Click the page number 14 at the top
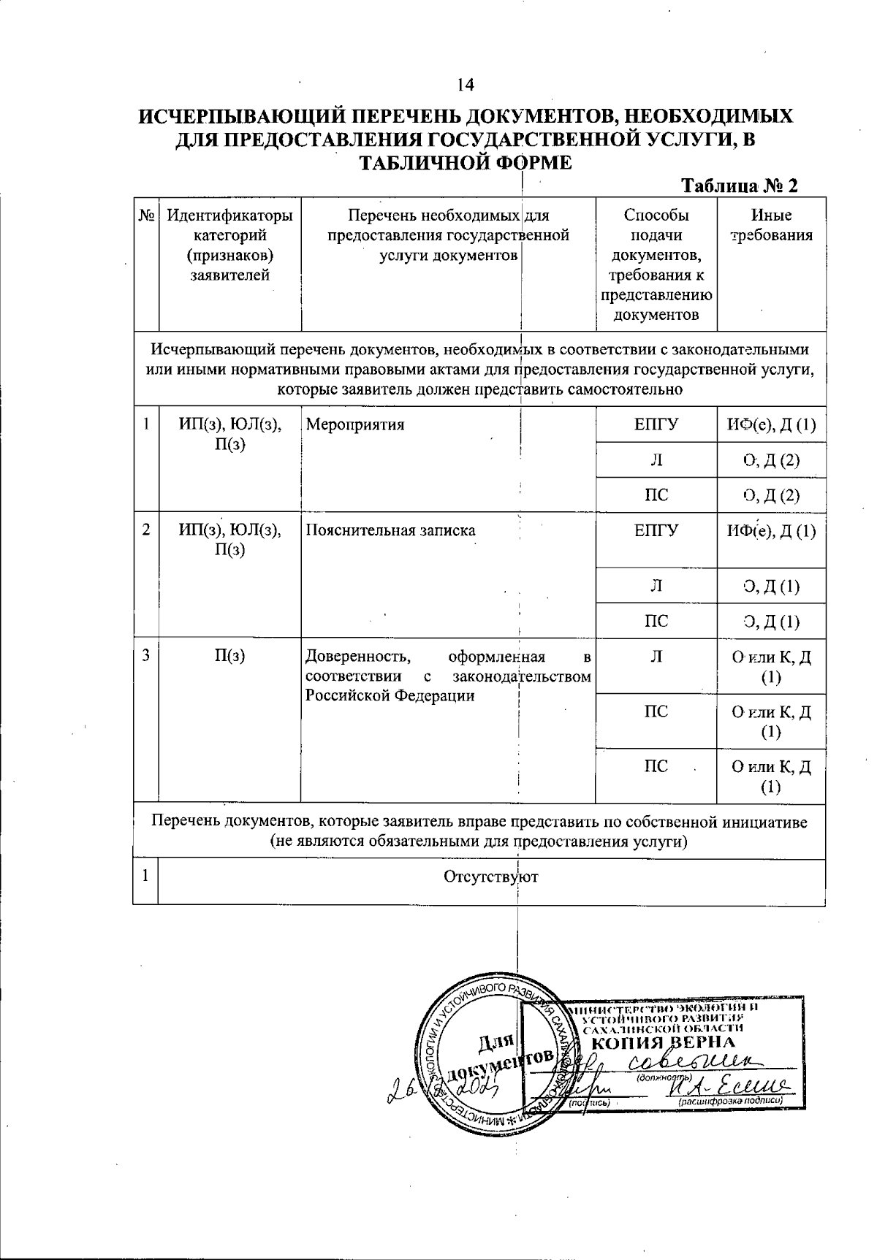pyautogui.click(x=466, y=85)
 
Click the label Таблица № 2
pyautogui.click(x=739, y=186)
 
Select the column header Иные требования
pyautogui.click(x=772, y=225)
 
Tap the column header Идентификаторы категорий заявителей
pyautogui.click(x=230, y=245)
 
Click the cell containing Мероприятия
pyautogui.click(x=354, y=425)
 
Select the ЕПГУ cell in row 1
pyautogui.click(x=656, y=425)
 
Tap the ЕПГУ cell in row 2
pyautogui.click(x=656, y=530)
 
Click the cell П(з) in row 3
pyautogui.click(x=229, y=656)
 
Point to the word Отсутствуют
pyautogui.click(x=491, y=877)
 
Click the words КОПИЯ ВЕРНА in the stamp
pyautogui.click(x=662, y=1042)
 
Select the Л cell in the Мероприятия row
pyautogui.click(x=656, y=460)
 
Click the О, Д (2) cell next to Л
pyautogui.click(x=772, y=460)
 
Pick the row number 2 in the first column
pyautogui.click(x=146, y=530)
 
